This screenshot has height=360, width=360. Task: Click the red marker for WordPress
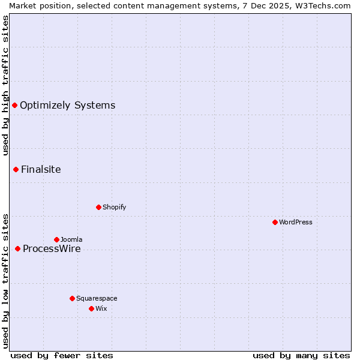pyautogui.click(x=275, y=222)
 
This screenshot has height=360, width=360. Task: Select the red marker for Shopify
pyautogui.click(x=98, y=207)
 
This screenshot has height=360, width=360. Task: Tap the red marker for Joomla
pyautogui.click(x=56, y=239)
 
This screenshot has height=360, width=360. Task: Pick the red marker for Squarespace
pyautogui.click(x=72, y=298)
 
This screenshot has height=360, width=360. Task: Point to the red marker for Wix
pyautogui.click(x=91, y=308)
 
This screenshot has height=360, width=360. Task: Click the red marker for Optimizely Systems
pyautogui.click(x=14, y=106)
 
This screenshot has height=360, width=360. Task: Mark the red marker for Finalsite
pyautogui.click(x=16, y=169)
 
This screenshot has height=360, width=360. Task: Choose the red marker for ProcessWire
pyautogui.click(x=17, y=248)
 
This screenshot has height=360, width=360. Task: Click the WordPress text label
pyautogui.click(x=296, y=222)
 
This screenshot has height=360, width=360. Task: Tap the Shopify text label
pyautogui.click(x=114, y=207)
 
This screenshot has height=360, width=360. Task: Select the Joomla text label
pyautogui.click(x=71, y=239)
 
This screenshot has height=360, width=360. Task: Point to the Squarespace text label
pyautogui.click(x=97, y=298)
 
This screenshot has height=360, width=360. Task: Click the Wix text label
pyautogui.click(x=101, y=308)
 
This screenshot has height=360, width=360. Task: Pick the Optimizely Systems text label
pyautogui.click(x=67, y=106)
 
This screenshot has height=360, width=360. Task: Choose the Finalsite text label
pyautogui.click(x=41, y=169)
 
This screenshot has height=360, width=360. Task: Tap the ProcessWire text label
pyautogui.click(x=52, y=248)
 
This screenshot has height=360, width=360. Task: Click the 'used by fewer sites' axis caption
pyautogui.click(x=62, y=355)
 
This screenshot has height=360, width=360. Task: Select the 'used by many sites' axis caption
pyautogui.click(x=301, y=355)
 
